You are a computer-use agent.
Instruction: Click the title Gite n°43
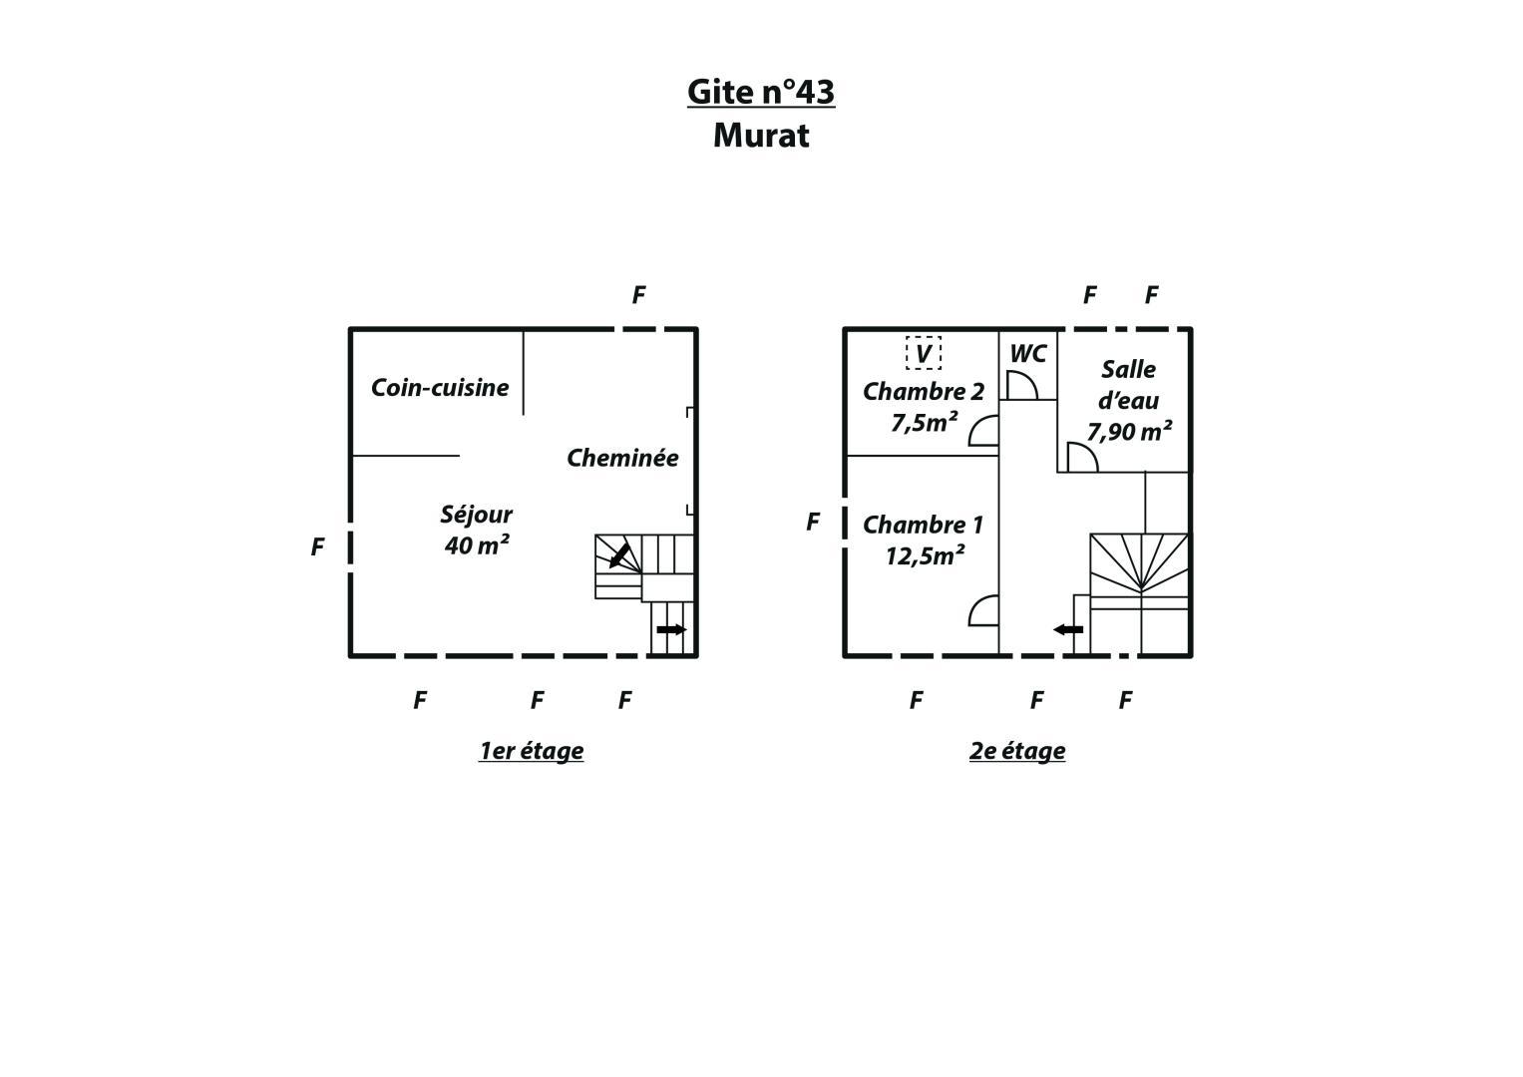[761, 92]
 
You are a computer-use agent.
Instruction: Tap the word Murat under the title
[761, 136]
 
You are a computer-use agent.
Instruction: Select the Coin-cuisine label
[440, 388]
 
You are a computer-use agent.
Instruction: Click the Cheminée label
[622, 458]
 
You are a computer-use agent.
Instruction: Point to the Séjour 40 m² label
[476, 530]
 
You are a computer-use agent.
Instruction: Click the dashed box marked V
[924, 354]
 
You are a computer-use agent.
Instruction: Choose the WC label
[1028, 354]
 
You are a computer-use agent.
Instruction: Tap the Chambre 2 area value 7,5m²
[924, 423]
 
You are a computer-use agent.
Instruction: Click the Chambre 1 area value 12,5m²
[925, 556]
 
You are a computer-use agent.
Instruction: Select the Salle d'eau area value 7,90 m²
[1129, 431]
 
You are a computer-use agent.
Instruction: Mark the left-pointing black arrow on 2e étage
[1068, 629]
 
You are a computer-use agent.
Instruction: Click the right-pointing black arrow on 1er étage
[672, 629]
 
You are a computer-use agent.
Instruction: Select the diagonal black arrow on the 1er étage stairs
[619, 555]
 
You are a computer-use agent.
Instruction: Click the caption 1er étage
[531, 751]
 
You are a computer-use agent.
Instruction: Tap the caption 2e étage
[1017, 751]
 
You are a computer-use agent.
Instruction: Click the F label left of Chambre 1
[813, 523]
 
